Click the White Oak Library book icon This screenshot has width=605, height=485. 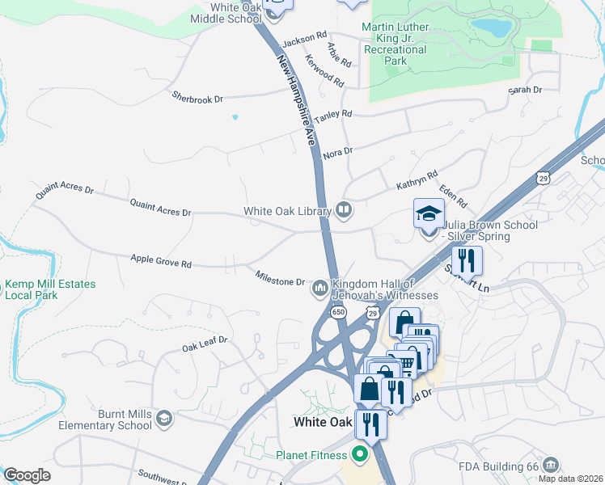344,211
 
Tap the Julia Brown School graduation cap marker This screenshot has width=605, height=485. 429,215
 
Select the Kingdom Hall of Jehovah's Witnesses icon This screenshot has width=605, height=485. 320,288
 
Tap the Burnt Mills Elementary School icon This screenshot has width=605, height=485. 164,418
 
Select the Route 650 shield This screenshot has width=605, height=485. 337,311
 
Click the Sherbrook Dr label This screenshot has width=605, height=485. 197,98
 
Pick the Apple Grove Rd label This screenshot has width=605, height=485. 161,263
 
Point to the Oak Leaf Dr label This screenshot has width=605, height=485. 205,345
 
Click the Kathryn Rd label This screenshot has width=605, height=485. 417,179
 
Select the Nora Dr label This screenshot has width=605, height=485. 338,151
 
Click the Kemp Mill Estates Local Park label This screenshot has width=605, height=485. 50,289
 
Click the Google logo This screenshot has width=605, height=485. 27,475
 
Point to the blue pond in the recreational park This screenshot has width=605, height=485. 492,28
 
